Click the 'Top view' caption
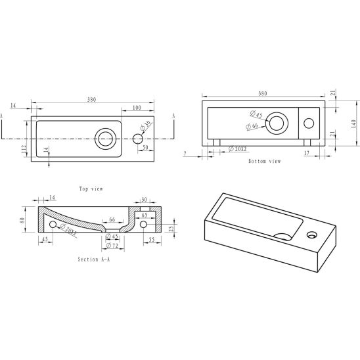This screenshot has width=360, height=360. point(91,189)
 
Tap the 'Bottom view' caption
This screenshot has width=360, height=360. point(265,161)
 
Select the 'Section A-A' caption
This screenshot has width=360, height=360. point(94,259)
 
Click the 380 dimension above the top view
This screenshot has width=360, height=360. point(91,100)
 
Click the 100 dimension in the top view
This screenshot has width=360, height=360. point(137,108)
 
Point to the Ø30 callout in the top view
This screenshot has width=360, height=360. point(146,125)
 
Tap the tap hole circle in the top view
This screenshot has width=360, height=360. point(138,139)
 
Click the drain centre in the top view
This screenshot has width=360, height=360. point(105,139)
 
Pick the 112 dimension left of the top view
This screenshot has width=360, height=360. point(23,150)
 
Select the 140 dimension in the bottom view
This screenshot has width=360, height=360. point(354,124)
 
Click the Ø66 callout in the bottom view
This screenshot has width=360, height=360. point(252,126)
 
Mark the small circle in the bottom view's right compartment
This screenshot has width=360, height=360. point(309,124)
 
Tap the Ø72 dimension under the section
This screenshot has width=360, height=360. point(112,246)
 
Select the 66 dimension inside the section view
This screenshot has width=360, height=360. point(112,219)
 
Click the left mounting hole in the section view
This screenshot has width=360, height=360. point(53,224)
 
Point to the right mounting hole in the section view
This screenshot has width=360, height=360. point(143,224)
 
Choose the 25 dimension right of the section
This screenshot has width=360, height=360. point(171,228)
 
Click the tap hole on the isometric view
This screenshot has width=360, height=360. point(312,235)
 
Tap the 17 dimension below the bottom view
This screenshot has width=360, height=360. point(307,153)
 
